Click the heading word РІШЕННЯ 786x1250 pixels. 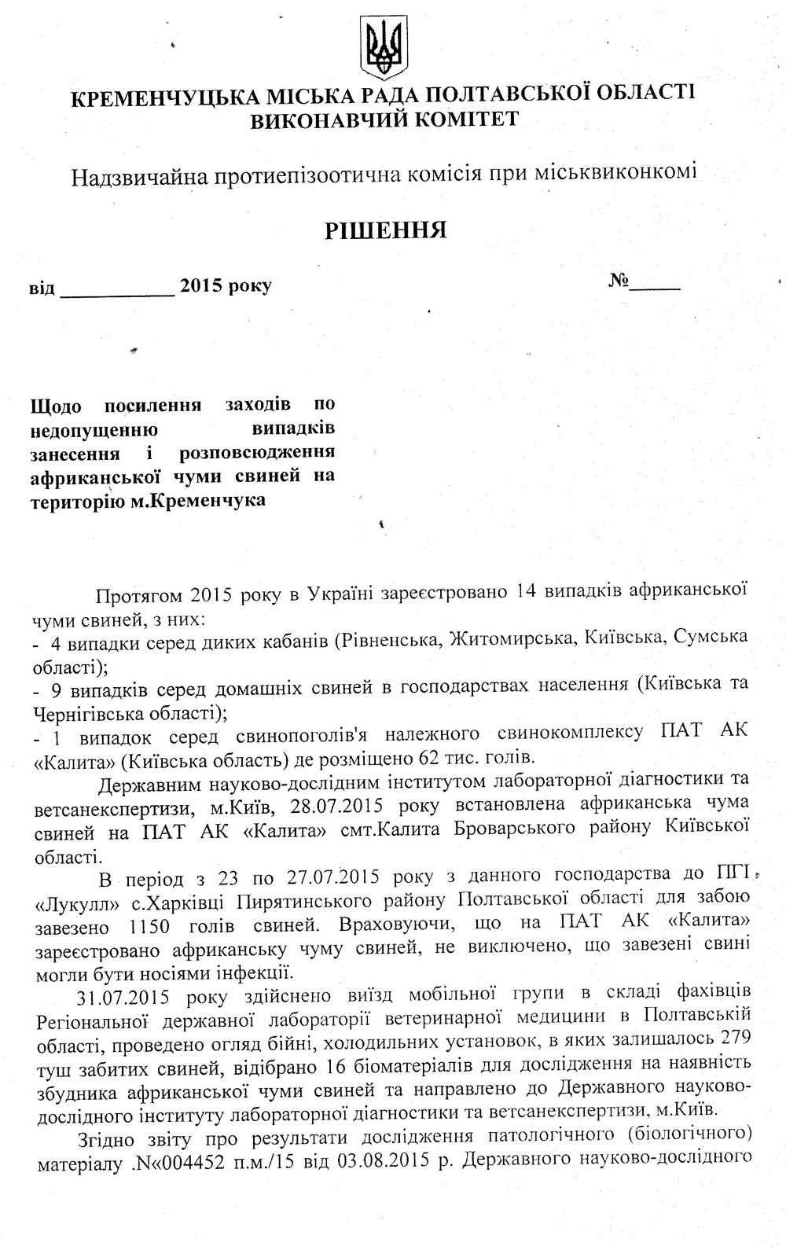click(385, 230)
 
